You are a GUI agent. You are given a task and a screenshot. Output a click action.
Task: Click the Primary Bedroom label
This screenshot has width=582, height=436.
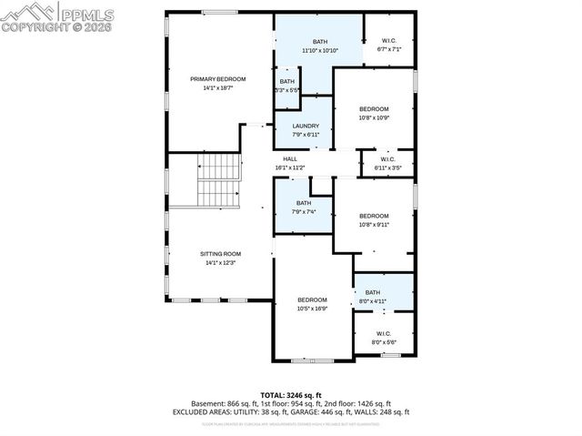pyautogui.click(x=218, y=79)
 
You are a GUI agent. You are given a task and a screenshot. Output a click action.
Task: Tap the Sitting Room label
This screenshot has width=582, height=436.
pyautogui.click(x=220, y=253)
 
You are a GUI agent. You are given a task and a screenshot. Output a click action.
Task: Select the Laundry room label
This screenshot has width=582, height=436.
pyautogui.click(x=304, y=126)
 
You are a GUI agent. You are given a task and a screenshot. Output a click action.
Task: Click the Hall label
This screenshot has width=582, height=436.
pyautogui.click(x=289, y=159)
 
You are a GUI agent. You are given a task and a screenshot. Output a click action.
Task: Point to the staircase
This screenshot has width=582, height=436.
pyautogui.click(x=218, y=179)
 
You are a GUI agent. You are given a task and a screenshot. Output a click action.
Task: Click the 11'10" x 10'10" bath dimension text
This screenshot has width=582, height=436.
pyautogui.click(x=319, y=50)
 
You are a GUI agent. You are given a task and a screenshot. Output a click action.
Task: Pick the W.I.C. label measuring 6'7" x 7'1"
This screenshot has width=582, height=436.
pyautogui.click(x=389, y=41)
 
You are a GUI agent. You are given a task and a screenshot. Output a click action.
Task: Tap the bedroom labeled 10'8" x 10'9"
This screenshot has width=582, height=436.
pyautogui.click(x=374, y=109)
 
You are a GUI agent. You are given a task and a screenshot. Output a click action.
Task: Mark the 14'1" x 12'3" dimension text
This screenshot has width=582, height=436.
pyautogui.click(x=220, y=262)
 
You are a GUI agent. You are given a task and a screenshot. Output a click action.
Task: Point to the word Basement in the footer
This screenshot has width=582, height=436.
pyautogui.click(x=209, y=403)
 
